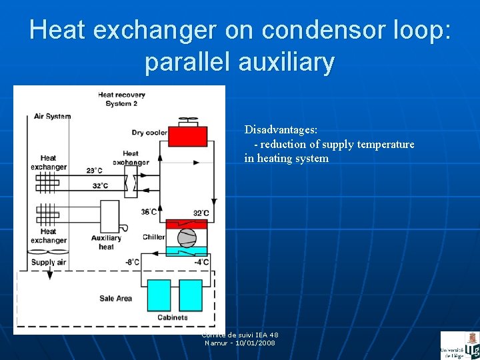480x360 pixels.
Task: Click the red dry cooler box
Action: (x=187, y=136)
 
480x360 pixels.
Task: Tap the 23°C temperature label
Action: (x=94, y=171)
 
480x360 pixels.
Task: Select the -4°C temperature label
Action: (x=201, y=262)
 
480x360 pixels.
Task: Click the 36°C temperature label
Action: (x=149, y=212)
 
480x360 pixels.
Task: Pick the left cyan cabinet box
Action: (x=159, y=295)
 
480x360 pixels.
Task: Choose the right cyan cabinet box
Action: (x=191, y=295)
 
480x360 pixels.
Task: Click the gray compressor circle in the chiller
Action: (x=187, y=237)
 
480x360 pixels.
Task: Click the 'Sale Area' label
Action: (x=115, y=298)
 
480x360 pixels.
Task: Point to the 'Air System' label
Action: (x=52, y=116)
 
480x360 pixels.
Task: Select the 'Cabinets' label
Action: (x=172, y=317)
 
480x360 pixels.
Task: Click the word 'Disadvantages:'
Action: (x=281, y=129)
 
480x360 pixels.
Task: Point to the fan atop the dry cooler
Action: (x=187, y=121)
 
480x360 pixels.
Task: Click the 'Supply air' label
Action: (x=49, y=262)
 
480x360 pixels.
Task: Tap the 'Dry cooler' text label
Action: (x=149, y=133)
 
